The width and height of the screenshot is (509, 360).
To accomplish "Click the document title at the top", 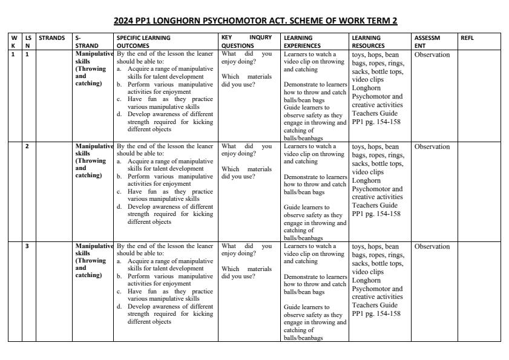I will pyautogui.click(x=255, y=21).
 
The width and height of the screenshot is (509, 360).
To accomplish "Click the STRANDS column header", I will pyautogui.click(x=51, y=38).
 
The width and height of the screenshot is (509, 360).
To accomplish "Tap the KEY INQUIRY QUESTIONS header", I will pyautogui.click(x=246, y=41).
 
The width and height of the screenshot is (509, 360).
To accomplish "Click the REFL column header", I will pyautogui.click(x=467, y=38).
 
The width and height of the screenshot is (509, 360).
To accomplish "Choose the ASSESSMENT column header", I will pyautogui.click(x=427, y=41).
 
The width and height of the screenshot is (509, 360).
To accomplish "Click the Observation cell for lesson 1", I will pyautogui.click(x=432, y=55).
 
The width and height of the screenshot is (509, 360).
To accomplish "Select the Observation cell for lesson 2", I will pyautogui.click(x=432, y=147).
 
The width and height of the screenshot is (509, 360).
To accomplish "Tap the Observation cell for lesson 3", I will pyautogui.click(x=432, y=247).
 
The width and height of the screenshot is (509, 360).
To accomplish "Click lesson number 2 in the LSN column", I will pyautogui.click(x=27, y=146).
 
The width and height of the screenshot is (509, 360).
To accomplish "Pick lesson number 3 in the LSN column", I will pyautogui.click(x=27, y=246).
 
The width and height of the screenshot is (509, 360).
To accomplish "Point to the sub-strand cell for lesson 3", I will pyautogui.click(x=93, y=261).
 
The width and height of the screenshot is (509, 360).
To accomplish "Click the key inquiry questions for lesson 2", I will pyautogui.click(x=246, y=161).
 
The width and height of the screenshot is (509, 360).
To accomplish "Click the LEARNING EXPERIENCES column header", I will pyautogui.click(x=307, y=41).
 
